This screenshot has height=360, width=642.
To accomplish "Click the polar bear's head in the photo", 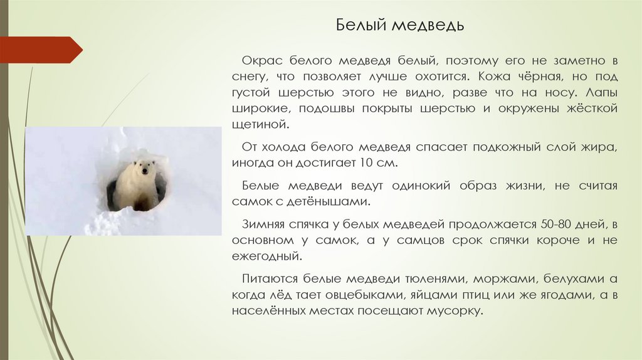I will (145, 169).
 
